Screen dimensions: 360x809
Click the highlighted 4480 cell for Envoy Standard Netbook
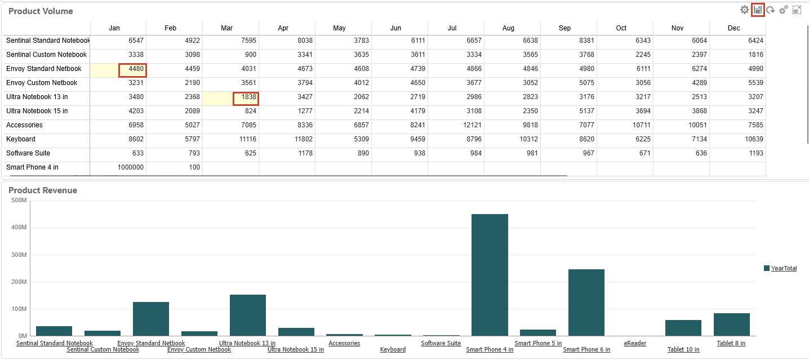[x=132, y=69]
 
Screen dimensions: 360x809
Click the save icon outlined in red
[x=758, y=10]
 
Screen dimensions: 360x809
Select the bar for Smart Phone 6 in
[x=586, y=303]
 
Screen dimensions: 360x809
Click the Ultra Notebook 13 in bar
[x=247, y=315]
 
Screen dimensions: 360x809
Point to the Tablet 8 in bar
[x=731, y=325]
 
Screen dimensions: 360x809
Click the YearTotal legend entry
[x=784, y=269]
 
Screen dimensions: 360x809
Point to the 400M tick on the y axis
[x=19, y=228]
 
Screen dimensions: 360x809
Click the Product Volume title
[x=41, y=11]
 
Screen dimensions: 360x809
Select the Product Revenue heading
[x=43, y=190]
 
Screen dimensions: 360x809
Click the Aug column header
[x=508, y=28]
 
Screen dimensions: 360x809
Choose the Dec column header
[x=734, y=28]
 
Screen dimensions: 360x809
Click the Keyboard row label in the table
[x=21, y=139]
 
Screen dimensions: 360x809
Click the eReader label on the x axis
[x=635, y=343]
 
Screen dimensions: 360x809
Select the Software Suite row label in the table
[x=28, y=153]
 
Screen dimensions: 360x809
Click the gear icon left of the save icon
[x=744, y=10]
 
